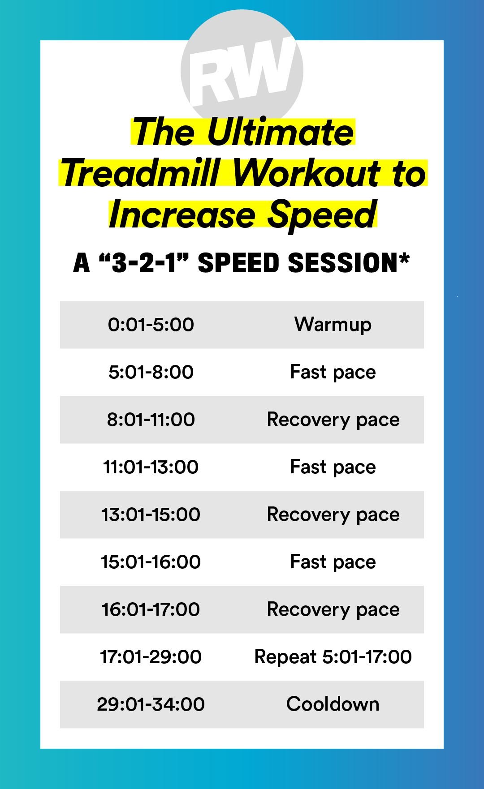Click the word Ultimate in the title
pyautogui.click(x=280, y=132)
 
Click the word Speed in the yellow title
pyautogui.click(x=322, y=214)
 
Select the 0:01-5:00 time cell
pyautogui.click(x=151, y=325)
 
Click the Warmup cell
pyautogui.click(x=333, y=325)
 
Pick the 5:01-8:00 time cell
pyautogui.click(x=151, y=372)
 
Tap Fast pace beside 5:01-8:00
pyautogui.click(x=333, y=372)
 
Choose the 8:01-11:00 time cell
pyautogui.click(x=151, y=420)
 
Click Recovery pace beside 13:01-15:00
pyautogui.click(x=333, y=515)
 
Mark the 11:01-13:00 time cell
pyautogui.click(x=151, y=467)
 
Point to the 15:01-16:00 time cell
pyautogui.click(x=151, y=562)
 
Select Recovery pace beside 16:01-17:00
pyautogui.click(x=333, y=609)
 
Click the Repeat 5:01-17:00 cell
pyautogui.click(x=333, y=657)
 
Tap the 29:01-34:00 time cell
pyautogui.click(x=151, y=704)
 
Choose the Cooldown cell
pyautogui.click(x=333, y=704)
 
